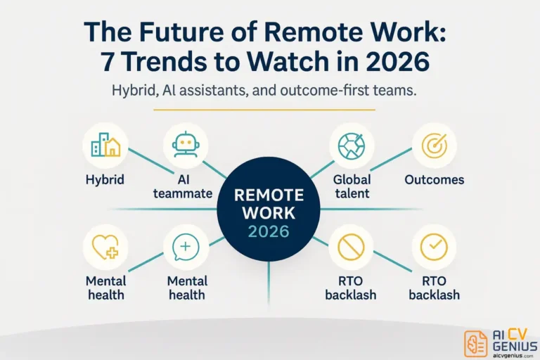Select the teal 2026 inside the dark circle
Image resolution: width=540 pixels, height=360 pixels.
tap(269, 230)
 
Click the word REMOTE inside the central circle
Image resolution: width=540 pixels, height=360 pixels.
tap(269, 195)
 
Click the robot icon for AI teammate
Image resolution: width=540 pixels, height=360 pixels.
tap(186, 146)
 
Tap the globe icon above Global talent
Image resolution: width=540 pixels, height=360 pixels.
tap(352, 146)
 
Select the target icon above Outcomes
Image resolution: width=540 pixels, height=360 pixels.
tap(434, 146)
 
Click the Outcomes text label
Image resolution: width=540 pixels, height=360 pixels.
tap(434, 179)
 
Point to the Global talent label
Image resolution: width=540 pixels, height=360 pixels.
tap(352, 186)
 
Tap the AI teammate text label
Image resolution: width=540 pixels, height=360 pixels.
tap(186, 186)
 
